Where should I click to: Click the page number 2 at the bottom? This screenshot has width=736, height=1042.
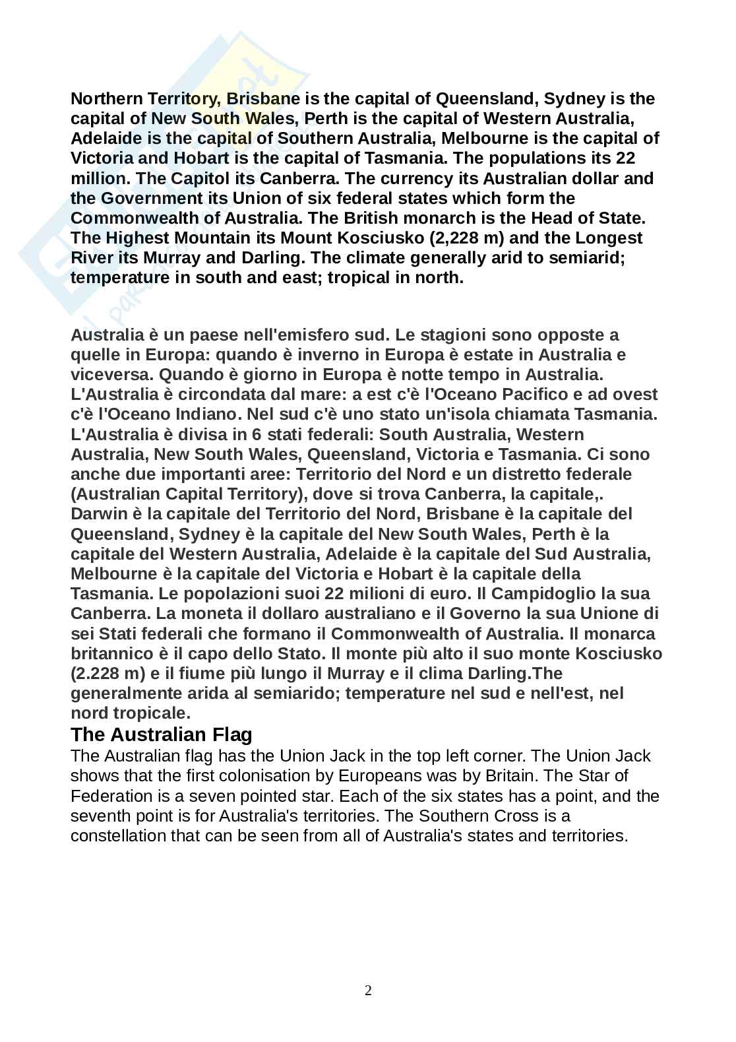[368, 990]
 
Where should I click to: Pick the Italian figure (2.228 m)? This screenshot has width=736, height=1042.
[107, 673]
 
